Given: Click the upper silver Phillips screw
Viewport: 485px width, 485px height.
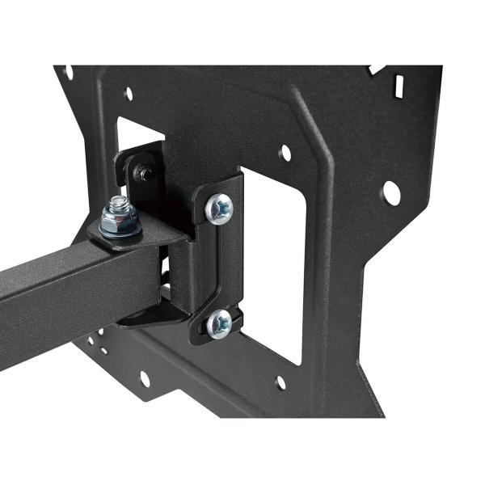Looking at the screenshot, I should pos(219,209).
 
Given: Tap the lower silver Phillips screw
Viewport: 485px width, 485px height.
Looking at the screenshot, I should pos(218,324).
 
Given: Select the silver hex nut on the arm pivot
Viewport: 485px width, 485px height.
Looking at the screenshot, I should pos(120,221).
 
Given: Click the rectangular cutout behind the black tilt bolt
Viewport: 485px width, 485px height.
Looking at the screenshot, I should pos(137,133).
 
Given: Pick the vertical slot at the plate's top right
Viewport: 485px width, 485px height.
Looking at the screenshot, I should pos(399,83).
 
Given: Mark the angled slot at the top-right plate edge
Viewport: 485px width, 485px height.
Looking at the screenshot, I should pos(374,70).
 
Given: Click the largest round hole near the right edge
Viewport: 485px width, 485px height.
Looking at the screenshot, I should pos(390,192).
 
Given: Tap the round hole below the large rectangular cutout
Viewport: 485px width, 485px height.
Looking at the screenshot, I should pos(280,382).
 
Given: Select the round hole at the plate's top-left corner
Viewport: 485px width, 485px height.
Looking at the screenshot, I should pos(68,72).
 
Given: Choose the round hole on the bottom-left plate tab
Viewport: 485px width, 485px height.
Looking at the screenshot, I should pos(145,377).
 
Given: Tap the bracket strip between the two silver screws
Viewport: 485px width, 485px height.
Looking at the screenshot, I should pos(219,267).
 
